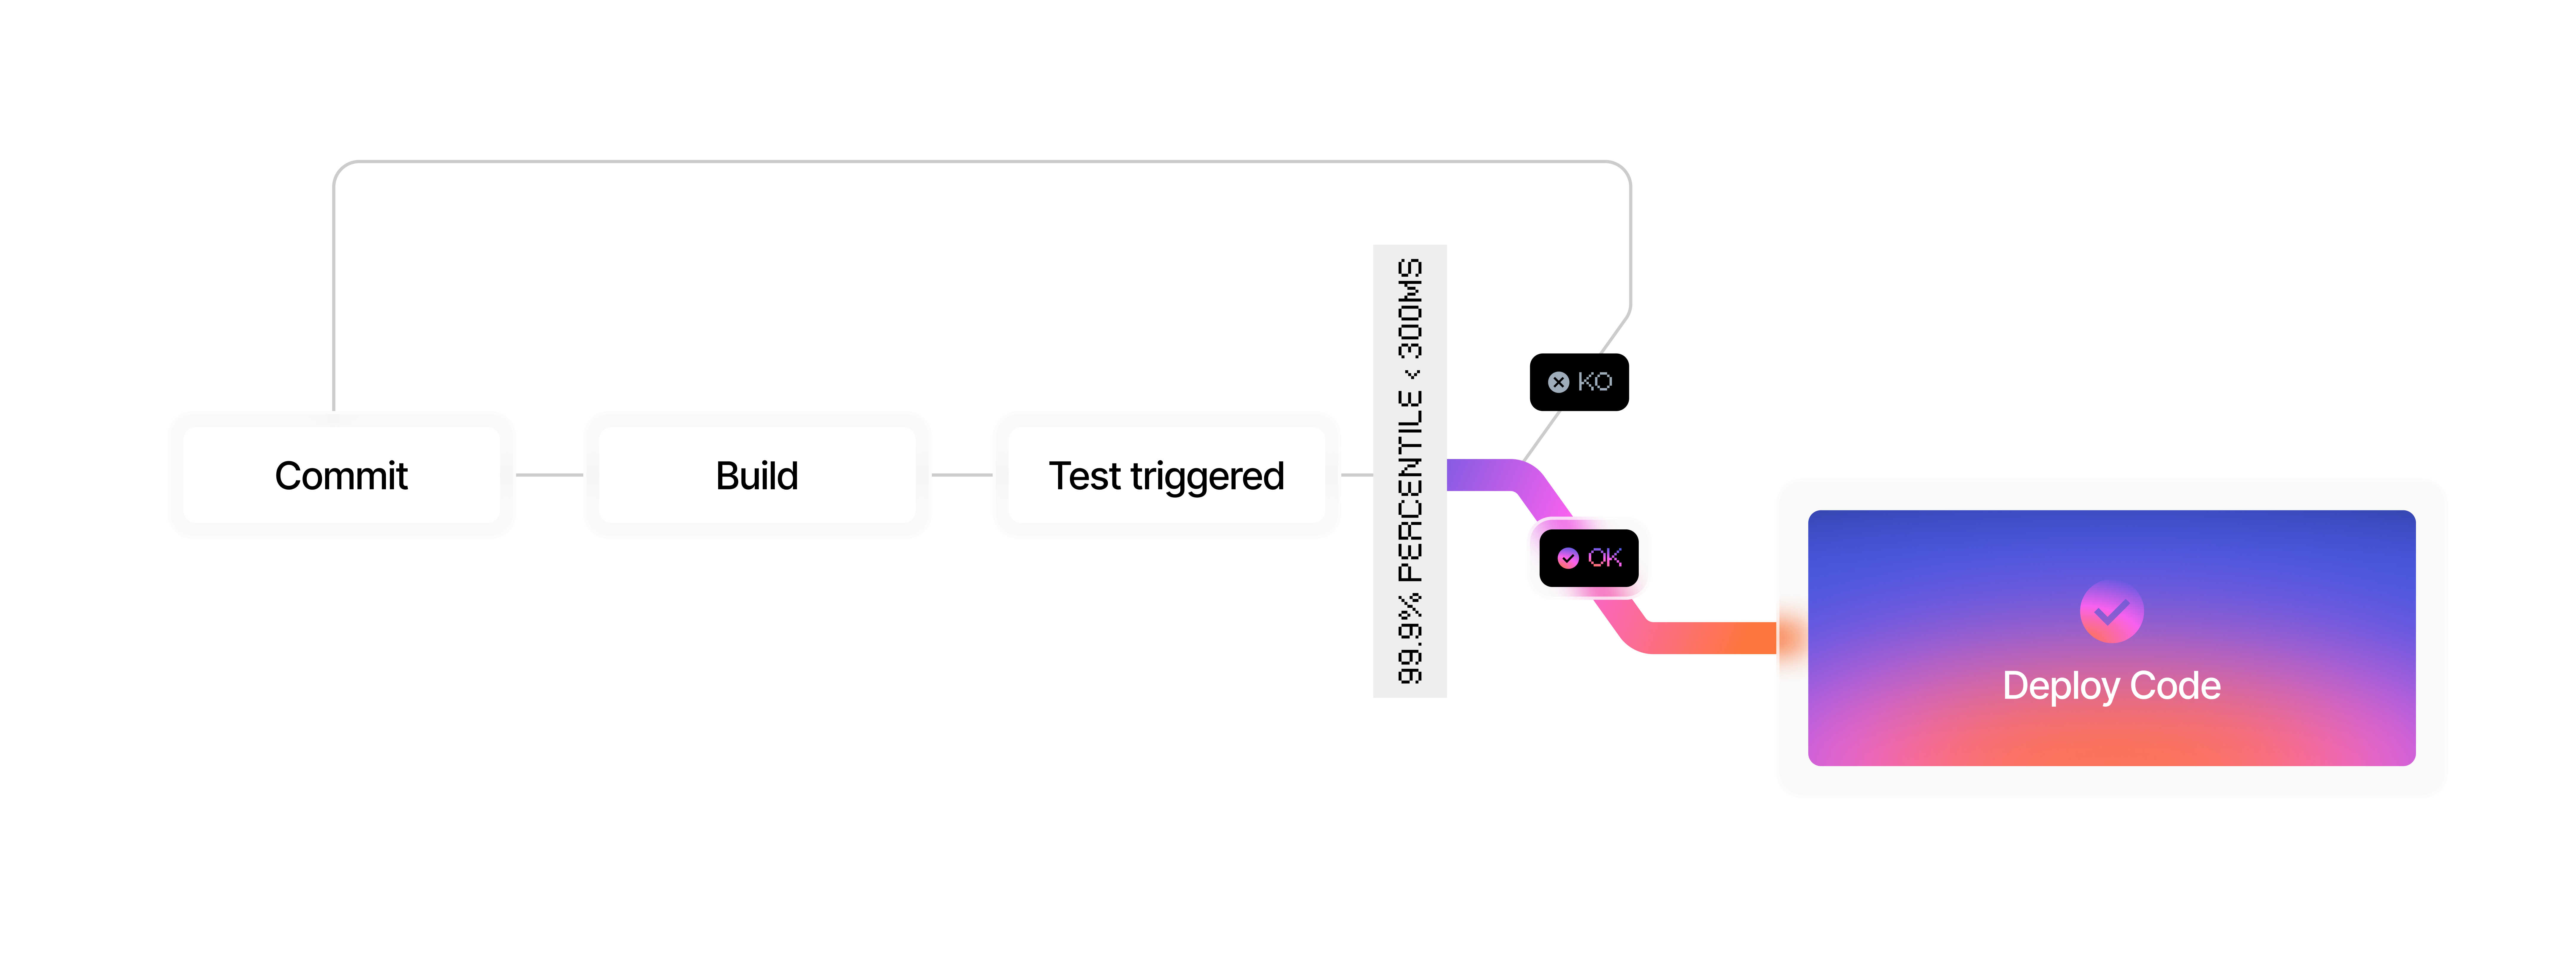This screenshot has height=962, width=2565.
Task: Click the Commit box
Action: tap(341, 475)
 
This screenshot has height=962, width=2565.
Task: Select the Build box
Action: tap(757, 475)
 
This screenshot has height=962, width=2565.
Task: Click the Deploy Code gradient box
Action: tap(2111, 637)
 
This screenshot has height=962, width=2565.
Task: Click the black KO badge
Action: tap(1579, 382)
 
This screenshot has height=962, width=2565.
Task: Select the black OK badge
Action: tap(1589, 558)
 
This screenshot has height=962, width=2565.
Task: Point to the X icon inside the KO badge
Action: tap(1558, 382)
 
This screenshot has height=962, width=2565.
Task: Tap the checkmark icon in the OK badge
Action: tap(1568, 559)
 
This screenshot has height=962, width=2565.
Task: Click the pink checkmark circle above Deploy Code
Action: tap(2111, 611)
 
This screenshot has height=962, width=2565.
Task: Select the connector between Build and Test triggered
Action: tap(962, 475)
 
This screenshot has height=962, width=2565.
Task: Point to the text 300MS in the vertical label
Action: tap(1410, 309)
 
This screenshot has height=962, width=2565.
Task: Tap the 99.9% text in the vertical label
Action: tap(1410, 639)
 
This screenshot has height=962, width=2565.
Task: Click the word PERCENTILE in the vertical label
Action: tap(1410, 485)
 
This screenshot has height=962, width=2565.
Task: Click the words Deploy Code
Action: tap(2111, 685)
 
